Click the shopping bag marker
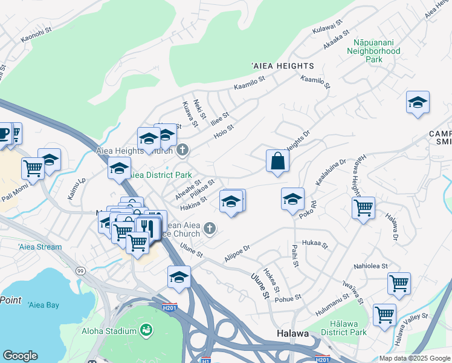[277, 161]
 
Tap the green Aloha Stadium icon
[145, 330]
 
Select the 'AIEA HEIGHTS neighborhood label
[282, 65]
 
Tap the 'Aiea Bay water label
[44, 305]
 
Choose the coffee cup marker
[4, 134]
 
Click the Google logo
[20, 356]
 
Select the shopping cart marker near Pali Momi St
[33, 168]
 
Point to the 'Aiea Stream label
[40, 247]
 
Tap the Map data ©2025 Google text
[415, 358]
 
